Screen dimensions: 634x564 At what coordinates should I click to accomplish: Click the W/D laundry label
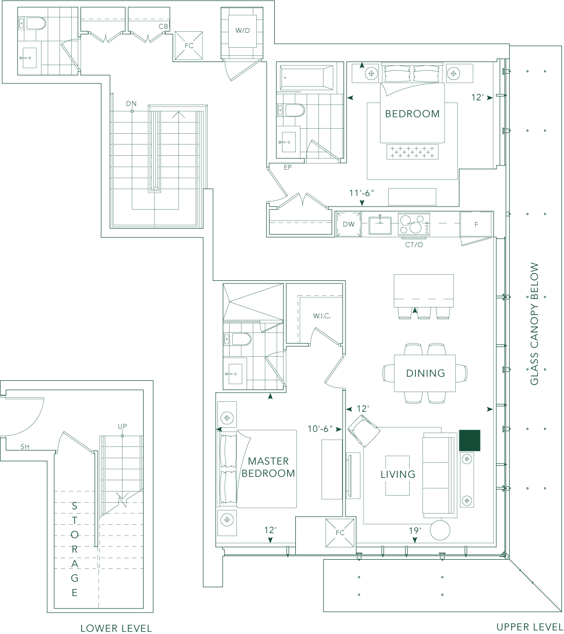click(243, 31)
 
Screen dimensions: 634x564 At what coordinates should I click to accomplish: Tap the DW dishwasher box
click(349, 224)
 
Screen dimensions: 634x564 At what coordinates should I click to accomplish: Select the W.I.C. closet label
click(322, 316)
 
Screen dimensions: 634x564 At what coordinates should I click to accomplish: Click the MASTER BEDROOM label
click(268, 467)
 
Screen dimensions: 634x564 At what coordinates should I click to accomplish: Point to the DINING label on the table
click(426, 373)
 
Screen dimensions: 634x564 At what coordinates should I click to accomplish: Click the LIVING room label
click(398, 475)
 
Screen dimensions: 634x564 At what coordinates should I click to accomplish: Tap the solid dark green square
click(469, 440)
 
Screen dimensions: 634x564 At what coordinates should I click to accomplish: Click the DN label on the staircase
click(132, 104)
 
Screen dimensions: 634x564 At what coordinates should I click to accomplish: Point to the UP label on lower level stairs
click(123, 426)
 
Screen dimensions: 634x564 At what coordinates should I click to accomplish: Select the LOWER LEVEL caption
click(116, 628)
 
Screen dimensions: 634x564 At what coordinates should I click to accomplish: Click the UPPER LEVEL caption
click(530, 627)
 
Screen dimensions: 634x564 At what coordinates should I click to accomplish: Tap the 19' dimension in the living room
click(415, 531)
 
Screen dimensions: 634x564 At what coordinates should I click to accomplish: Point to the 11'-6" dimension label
click(362, 193)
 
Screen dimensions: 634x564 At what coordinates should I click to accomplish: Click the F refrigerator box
click(476, 224)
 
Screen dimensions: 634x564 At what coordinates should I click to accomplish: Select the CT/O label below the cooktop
click(414, 245)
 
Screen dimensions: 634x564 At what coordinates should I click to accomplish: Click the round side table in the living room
click(440, 530)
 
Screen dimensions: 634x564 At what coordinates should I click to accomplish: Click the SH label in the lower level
click(25, 447)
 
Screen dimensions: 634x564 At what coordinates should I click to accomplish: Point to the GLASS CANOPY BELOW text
click(534, 324)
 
